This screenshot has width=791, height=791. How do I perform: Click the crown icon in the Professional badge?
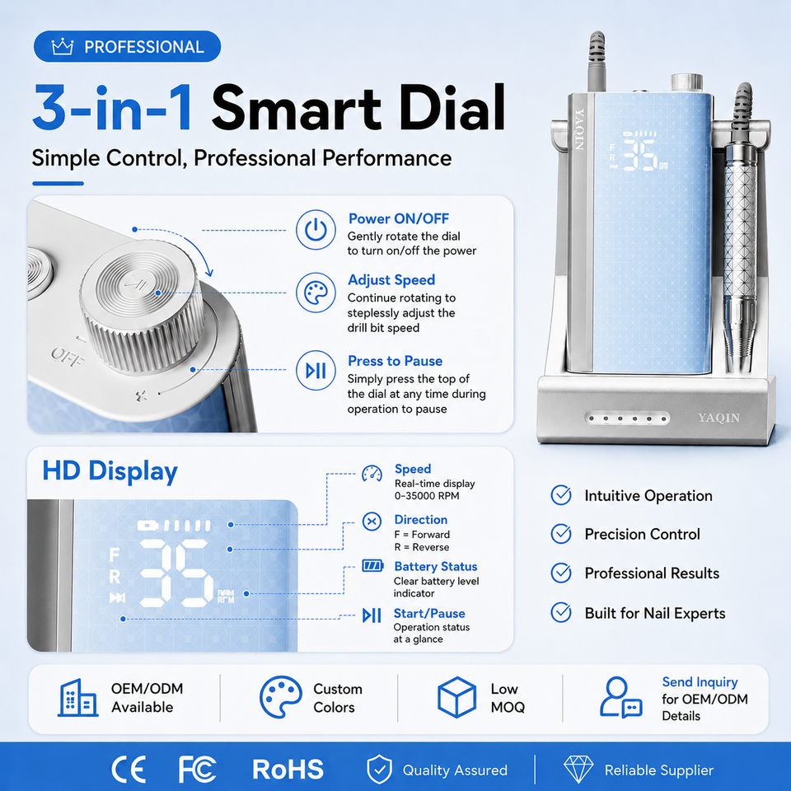(x=63, y=47)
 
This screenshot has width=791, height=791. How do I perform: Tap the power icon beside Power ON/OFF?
(x=316, y=230)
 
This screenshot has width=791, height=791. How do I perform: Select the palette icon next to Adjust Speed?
(x=316, y=293)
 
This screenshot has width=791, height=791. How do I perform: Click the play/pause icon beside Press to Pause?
(x=316, y=371)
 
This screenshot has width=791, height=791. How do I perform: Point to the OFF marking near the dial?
(x=67, y=357)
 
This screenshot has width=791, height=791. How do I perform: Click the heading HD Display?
(x=110, y=471)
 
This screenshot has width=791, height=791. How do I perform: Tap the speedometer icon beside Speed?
(x=372, y=474)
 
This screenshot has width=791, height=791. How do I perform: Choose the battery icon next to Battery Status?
(x=372, y=565)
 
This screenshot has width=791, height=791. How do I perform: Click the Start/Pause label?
(x=429, y=613)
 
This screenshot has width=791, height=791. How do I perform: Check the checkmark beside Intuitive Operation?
(x=561, y=495)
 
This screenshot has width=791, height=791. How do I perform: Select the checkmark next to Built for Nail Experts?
(x=561, y=612)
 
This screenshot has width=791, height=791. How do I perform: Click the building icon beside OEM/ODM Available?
(x=77, y=698)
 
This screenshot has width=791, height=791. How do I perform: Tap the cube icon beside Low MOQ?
(x=456, y=697)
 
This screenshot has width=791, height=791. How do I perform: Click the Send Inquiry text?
(x=700, y=682)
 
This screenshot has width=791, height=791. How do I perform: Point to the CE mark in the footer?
(x=129, y=770)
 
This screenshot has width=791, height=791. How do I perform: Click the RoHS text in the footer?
(x=288, y=770)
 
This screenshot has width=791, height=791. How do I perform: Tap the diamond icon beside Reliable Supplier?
(x=578, y=770)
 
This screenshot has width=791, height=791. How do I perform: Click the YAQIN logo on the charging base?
(x=718, y=418)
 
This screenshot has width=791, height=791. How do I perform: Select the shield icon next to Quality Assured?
(x=379, y=770)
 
